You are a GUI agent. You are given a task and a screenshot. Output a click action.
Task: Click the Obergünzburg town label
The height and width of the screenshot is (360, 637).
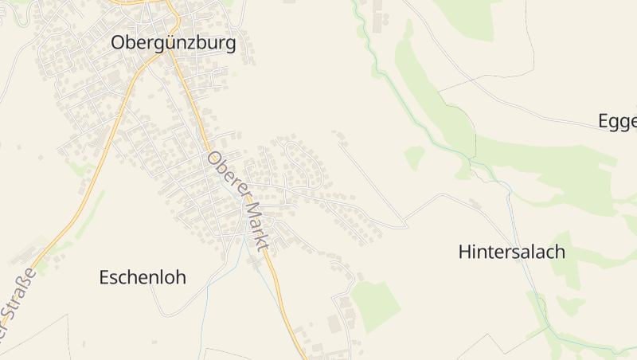pyautogui.click(x=174, y=43)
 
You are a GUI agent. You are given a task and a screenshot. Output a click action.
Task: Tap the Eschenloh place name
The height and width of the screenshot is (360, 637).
pyautogui.click(x=143, y=277)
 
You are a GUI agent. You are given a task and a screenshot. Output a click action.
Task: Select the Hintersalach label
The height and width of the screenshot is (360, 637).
pyautogui.click(x=512, y=252)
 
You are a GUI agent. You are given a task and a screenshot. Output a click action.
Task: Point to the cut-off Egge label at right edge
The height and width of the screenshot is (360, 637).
pyautogui.click(x=618, y=121)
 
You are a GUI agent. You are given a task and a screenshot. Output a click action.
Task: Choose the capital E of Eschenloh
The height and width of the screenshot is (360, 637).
pyautogui.click(x=104, y=277)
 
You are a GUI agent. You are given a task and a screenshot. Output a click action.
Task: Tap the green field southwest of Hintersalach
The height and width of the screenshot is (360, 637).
pyautogui.click(x=375, y=306)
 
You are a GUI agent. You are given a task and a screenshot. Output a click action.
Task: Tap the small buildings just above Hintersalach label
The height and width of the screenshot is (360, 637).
pyautogui.click(x=475, y=204)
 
